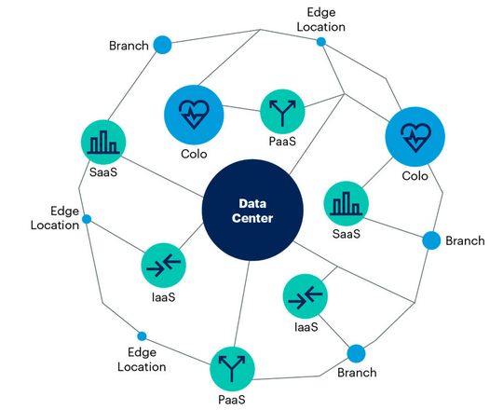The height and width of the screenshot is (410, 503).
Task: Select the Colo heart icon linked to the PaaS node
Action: (x=195, y=113)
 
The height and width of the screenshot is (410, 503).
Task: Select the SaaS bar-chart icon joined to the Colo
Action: (x=346, y=203)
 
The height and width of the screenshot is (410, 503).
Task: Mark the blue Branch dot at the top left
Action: (x=163, y=45)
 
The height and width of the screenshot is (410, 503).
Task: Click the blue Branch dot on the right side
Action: (x=430, y=240)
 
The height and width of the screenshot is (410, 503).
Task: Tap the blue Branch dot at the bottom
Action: (x=356, y=353)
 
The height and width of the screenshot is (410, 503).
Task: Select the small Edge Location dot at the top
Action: (x=321, y=42)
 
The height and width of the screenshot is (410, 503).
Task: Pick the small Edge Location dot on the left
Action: (x=87, y=220)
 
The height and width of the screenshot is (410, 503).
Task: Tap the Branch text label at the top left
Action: (x=129, y=46)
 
